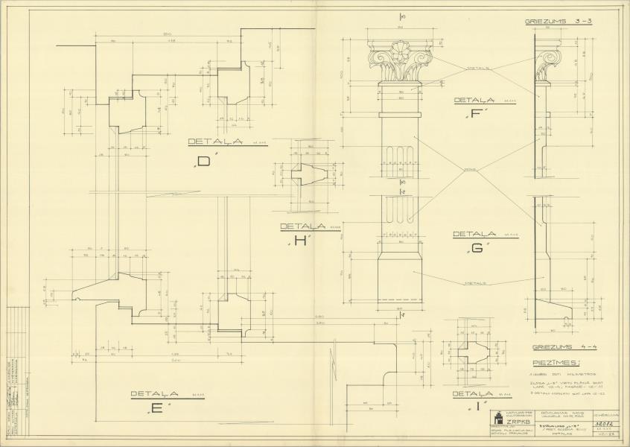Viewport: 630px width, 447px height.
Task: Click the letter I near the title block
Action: [475, 408]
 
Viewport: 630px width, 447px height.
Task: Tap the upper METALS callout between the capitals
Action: [477, 67]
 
